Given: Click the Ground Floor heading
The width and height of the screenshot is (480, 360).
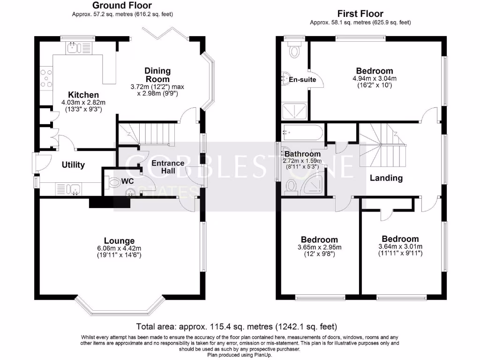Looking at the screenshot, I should click(x=122, y=6).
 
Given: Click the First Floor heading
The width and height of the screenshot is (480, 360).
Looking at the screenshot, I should click(x=360, y=14).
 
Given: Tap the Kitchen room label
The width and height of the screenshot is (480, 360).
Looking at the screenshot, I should click(x=83, y=95).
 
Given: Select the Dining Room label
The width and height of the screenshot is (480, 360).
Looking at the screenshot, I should click(x=157, y=75).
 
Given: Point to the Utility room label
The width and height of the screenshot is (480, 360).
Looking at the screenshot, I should click(x=73, y=165).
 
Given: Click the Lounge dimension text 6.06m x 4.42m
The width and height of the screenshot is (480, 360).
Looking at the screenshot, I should click(x=119, y=248).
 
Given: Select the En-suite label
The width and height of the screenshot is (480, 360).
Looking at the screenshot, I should click(x=302, y=80).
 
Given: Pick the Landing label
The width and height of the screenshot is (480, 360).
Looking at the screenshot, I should click(x=386, y=178).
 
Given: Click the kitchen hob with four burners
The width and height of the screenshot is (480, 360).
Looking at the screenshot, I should click(x=46, y=78).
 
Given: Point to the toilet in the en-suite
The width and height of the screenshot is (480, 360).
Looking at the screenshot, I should click(x=295, y=50).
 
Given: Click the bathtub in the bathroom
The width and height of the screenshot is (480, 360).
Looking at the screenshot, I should click(x=302, y=133).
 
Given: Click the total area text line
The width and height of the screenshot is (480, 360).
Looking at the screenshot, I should click(x=236, y=326).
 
